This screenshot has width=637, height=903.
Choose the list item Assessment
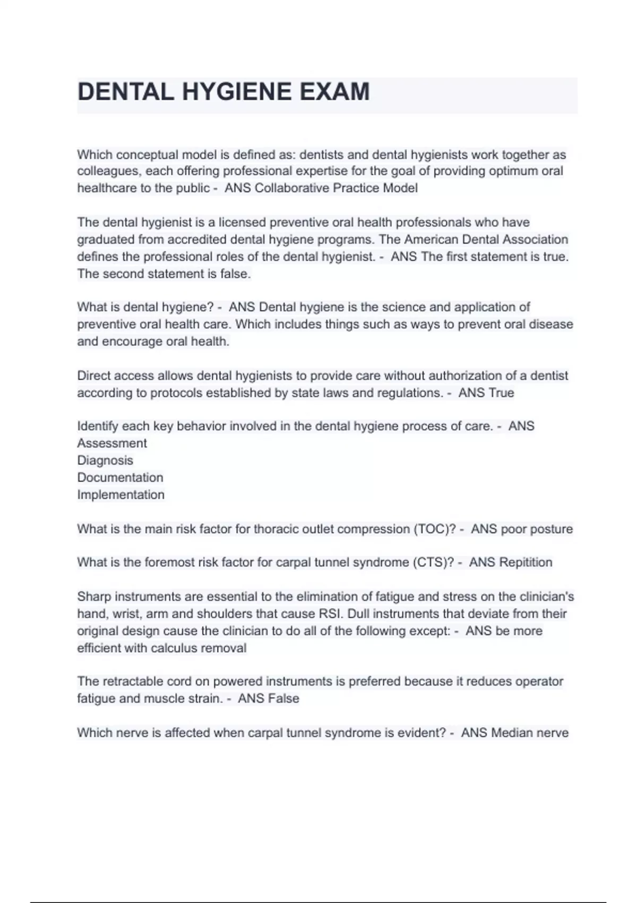[112, 444]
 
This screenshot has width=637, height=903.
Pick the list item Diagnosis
[105, 461]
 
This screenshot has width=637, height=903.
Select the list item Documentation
[120, 478]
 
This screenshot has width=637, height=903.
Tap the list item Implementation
[121, 495]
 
